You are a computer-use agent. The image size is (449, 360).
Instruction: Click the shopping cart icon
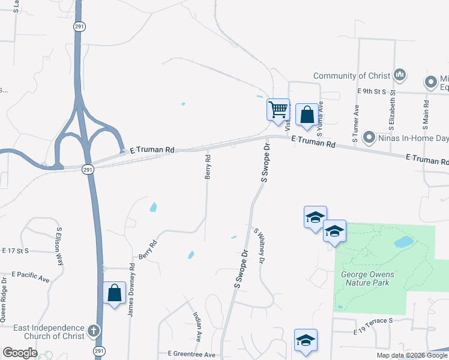pyautogui.click(x=278, y=110)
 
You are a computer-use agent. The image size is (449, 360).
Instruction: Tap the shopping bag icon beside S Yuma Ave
pyautogui.click(x=307, y=114)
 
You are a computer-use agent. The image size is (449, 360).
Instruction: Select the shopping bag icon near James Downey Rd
pyautogui.click(x=114, y=293)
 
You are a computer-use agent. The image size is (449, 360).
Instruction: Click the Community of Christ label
pyautogui.click(x=352, y=76)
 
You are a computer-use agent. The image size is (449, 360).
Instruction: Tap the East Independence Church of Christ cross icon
pyautogui.click(x=93, y=330)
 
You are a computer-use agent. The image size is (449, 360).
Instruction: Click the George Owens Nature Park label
pyautogui.click(x=368, y=278)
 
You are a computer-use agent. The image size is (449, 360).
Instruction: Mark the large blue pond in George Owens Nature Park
pyautogui.click(x=404, y=242)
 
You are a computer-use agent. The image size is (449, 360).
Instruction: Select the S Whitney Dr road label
pyautogui.click(x=259, y=246)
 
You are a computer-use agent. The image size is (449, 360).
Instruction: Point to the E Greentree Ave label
pyautogui.click(x=191, y=355)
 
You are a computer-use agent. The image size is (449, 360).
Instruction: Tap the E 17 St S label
pyautogui.click(x=16, y=250)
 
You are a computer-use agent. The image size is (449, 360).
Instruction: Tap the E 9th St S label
pyautogui.click(x=370, y=91)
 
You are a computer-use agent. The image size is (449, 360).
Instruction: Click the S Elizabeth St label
pyautogui.click(x=392, y=111)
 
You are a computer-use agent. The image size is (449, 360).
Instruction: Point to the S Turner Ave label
pyautogui.click(x=356, y=124)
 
